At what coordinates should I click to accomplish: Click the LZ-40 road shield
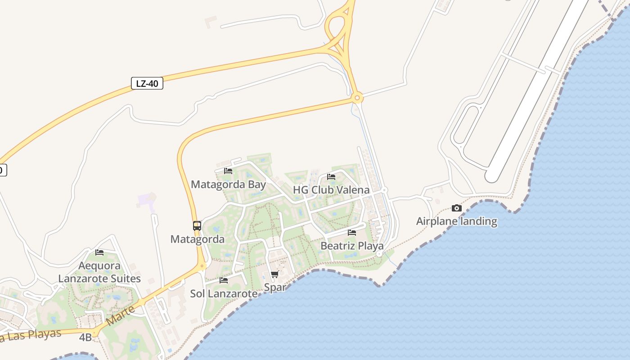(x=147, y=83)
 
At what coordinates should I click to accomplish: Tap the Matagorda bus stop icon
(x=197, y=226)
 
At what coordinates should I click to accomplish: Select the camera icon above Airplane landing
(x=456, y=208)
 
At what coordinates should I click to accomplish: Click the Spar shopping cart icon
(x=274, y=274)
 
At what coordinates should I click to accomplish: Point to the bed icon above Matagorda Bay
(x=228, y=171)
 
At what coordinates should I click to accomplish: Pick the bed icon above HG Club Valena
(x=331, y=177)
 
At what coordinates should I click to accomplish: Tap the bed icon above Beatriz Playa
(x=352, y=233)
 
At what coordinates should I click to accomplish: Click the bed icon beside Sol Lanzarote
(x=224, y=280)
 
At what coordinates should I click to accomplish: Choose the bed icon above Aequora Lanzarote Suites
(x=99, y=252)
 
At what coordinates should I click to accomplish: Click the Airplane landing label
(x=456, y=221)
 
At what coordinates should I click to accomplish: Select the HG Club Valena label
(x=331, y=190)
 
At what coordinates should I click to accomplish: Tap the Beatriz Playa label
(x=352, y=246)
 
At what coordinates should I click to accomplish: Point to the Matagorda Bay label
(x=228, y=184)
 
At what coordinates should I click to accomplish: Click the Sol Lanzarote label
(x=224, y=294)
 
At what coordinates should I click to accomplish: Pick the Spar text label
(x=274, y=287)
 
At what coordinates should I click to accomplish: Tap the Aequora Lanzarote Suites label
(x=99, y=272)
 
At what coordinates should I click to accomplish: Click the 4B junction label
(x=85, y=337)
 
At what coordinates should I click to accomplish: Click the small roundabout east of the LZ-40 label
(x=357, y=97)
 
